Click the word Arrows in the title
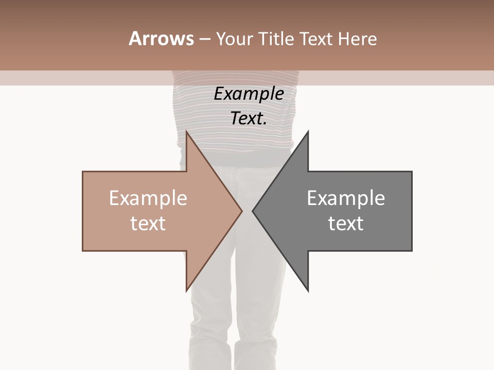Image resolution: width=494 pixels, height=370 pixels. [x=161, y=39]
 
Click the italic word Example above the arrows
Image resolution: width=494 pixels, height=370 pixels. [x=249, y=94]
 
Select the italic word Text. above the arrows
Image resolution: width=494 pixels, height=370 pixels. [x=249, y=118]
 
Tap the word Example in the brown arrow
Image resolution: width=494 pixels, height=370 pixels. [x=148, y=198]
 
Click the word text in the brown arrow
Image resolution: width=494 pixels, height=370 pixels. [x=148, y=223]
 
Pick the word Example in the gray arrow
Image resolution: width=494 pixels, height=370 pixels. [x=346, y=198]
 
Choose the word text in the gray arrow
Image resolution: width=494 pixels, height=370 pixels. [x=346, y=223]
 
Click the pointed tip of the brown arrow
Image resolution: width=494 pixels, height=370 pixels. [x=241, y=211]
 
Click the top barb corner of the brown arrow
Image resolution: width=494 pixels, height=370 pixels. [x=186, y=132]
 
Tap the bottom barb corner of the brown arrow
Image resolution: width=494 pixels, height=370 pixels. [x=186, y=290]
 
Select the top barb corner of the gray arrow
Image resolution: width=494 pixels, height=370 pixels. [x=308, y=132]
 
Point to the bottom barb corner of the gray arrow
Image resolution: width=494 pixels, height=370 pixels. [x=308, y=290]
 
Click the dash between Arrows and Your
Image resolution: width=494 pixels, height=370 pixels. [x=204, y=39]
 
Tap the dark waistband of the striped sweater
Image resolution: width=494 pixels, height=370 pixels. [x=237, y=157]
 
